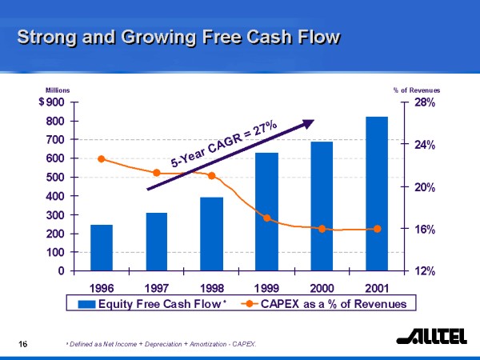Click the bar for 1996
pos(102,247)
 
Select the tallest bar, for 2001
pos(377,193)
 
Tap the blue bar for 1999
pos(266,211)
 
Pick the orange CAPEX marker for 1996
pos(101,158)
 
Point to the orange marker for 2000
pos(322,229)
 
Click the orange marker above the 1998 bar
pos(211,175)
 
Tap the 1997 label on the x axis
pos(157,286)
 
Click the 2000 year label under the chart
pos(322,286)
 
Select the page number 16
pos(24,343)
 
